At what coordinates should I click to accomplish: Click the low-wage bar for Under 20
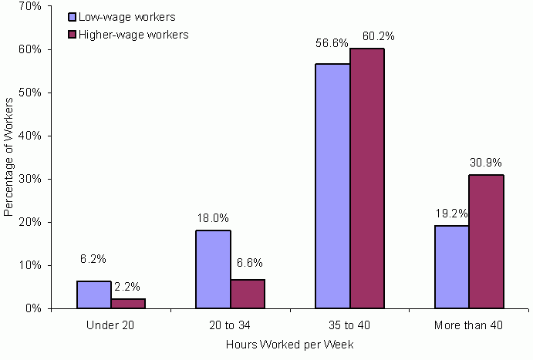pyautogui.click(x=93, y=294)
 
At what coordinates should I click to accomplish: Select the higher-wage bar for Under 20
pyautogui.click(x=128, y=303)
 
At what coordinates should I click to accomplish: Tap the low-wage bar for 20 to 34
pyautogui.click(x=213, y=269)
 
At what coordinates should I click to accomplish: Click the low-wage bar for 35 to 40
pyautogui.click(x=332, y=186)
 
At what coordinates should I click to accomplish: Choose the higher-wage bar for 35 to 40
pyautogui.click(x=367, y=178)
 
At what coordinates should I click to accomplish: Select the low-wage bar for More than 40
pyautogui.click(x=452, y=267)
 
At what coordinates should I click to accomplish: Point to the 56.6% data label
pyautogui.click(x=331, y=44)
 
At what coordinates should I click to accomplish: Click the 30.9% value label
pyautogui.click(x=485, y=163)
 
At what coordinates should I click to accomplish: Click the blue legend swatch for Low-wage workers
pyautogui.click(x=72, y=16)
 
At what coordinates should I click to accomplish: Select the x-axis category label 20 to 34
pyautogui.click(x=230, y=325)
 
